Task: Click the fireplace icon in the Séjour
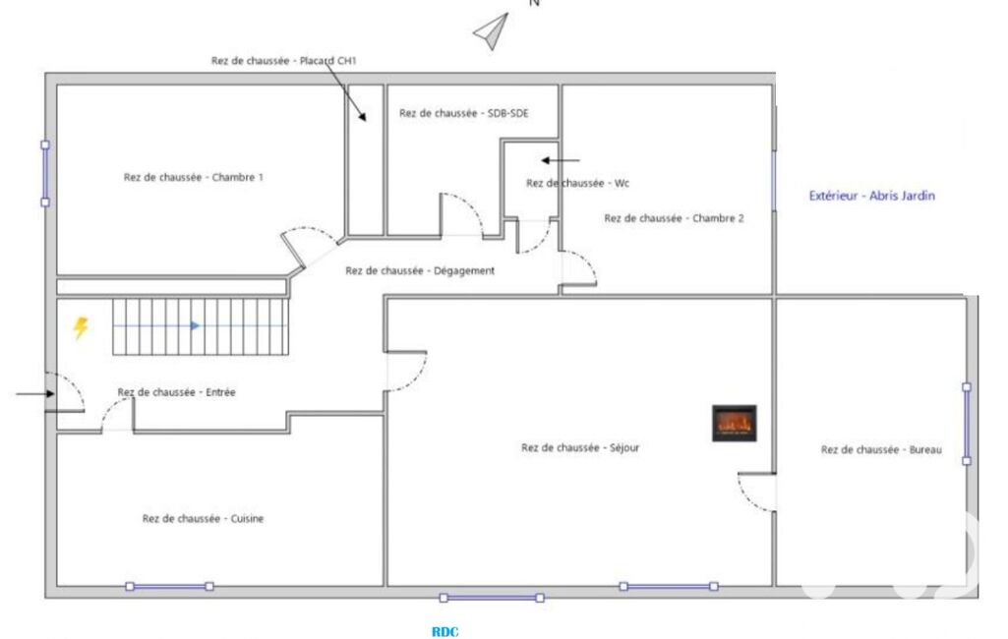pos(735,423)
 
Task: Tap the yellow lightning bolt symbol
pos(81,328)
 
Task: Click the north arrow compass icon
pos(492,30)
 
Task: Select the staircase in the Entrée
pos(201,326)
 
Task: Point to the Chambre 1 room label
pos(194,177)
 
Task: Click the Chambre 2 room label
pos(674,218)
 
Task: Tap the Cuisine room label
pos(204,519)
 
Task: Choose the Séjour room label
pos(580,448)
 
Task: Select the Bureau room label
pos(881,450)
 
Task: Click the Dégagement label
pos(420,271)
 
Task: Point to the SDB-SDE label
pos(463,114)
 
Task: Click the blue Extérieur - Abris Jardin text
pos(871,196)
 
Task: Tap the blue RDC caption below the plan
pos(445,632)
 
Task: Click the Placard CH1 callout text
pos(283,61)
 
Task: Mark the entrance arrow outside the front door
pos(35,394)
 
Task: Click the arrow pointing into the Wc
pos(560,160)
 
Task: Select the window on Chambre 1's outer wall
pos(45,174)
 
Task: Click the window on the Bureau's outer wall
pos(967,425)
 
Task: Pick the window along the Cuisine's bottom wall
pos(170,586)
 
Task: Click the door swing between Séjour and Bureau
pos(756,493)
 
